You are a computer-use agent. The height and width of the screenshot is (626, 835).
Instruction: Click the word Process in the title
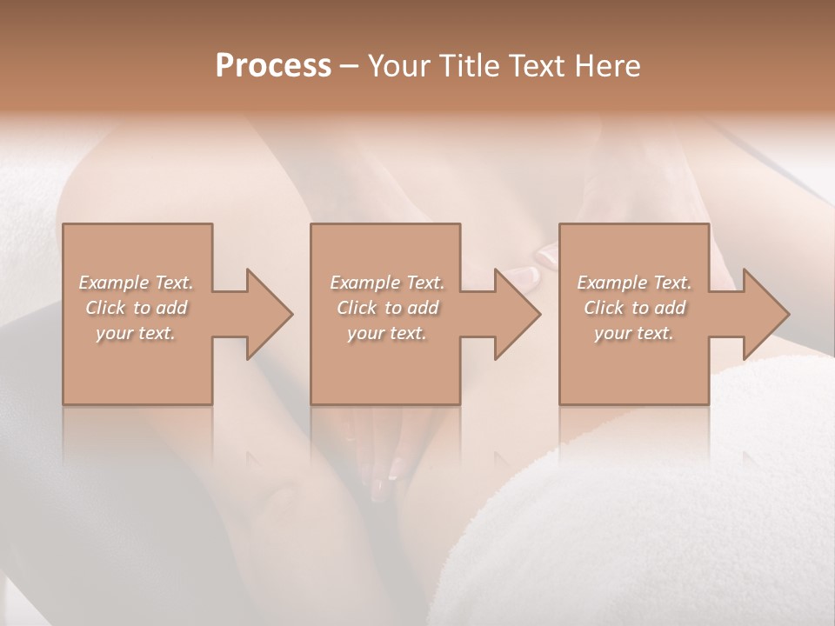click(273, 66)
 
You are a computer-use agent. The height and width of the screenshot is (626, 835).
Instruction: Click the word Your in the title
click(399, 66)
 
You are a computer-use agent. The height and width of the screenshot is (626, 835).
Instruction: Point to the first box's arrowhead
click(268, 314)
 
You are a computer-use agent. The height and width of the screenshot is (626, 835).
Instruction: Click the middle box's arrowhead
click(516, 314)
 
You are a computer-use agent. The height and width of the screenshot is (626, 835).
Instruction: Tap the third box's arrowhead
click(765, 314)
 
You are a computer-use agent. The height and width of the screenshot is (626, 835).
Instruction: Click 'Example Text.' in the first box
click(136, 283)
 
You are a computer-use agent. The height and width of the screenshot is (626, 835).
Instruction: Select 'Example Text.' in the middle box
click(386, 283)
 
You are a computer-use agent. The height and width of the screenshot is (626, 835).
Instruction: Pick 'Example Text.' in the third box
click(634, 283)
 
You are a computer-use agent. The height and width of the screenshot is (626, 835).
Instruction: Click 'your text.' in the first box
click(136, 333)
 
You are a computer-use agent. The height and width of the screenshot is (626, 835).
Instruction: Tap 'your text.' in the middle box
click(386, 333)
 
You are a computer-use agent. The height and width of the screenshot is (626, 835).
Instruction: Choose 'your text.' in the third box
click(634, 333)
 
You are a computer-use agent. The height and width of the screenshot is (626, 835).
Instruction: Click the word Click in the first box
click(105, 308)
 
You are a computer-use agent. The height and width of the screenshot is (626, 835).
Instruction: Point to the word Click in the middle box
click(357, 308)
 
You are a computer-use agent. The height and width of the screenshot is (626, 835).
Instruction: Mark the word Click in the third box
click(605, 308)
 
